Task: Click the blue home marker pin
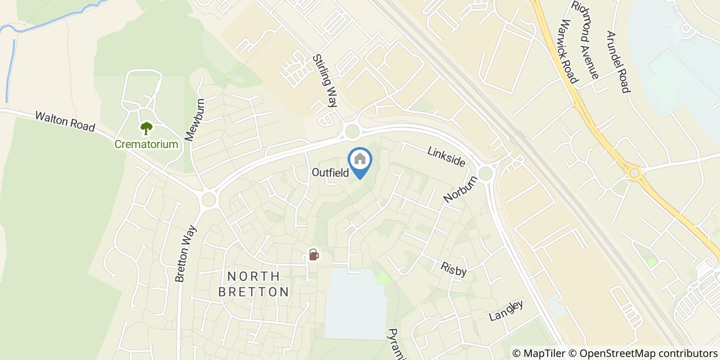tap(360, 161)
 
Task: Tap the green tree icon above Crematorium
tap(147, 128)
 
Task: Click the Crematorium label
tap(147, 145)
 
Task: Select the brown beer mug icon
tap(313, 254)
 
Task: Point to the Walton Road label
tap(65, 121)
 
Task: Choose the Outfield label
tap(330, 173)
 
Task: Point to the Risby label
tap(453, 268)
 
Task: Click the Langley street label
tap(506, 310)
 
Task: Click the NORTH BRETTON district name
tap(254, 284)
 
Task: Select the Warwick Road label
tap(570, 51)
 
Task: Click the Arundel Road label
tap(618, 62)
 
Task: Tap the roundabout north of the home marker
tap(352, 131)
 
